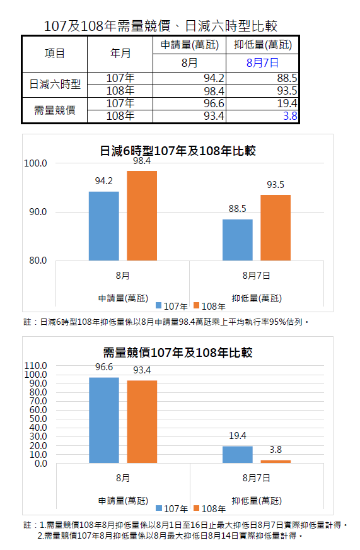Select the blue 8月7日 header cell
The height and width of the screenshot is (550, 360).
tap(262, 63)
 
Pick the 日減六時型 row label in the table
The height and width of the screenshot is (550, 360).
tap(55, 84)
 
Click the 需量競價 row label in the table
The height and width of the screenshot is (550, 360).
tap(55, 110)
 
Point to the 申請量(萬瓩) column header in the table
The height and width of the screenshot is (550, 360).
tap(189, 45)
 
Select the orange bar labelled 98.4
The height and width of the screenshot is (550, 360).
tap(142, 216)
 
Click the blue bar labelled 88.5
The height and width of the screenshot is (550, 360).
tap(237, 240)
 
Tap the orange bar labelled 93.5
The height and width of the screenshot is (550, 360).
tap(275, 228)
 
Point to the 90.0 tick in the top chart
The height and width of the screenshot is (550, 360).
tap(37, 212)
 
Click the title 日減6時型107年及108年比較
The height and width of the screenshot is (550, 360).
tap(178, 151)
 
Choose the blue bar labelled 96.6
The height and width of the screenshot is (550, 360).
tap(104, 420)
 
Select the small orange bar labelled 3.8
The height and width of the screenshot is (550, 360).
tap(276, 461)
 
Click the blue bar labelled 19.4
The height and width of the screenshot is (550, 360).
tap(237, 455)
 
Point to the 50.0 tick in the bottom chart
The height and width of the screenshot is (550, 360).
tap(38, 419)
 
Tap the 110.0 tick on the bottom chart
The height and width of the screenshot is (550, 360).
tap(35, 366)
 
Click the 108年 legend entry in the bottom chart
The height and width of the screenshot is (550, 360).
tap(209, 508)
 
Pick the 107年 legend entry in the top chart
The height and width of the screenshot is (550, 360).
tap(171, 306)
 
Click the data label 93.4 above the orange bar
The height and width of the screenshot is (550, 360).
tap(142, 370)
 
